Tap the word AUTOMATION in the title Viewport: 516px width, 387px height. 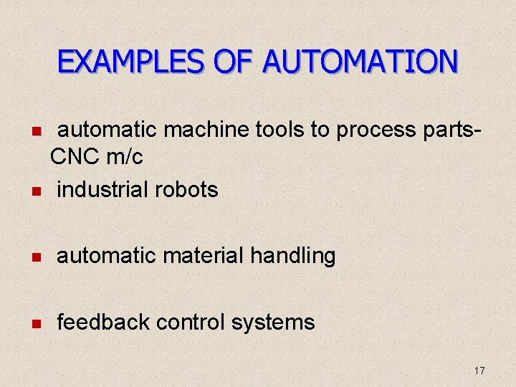pos(360,62)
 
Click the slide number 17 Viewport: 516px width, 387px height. pos(479,371)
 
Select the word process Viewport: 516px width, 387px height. pos(376,131)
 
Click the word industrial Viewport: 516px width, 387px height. pos(105,189)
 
